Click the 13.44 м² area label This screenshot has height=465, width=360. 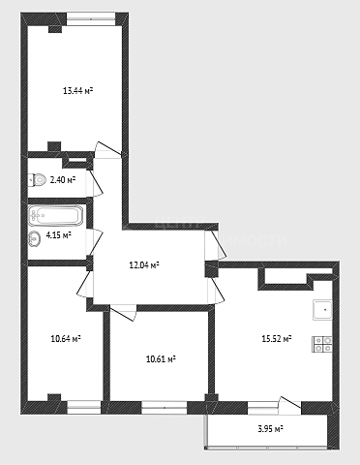coord(77,91)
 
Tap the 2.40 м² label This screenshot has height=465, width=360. coord(63,179)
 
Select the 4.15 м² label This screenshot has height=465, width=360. coord(58,234)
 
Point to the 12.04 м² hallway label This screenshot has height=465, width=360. coord(144,265)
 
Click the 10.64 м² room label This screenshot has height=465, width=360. coord(66,339)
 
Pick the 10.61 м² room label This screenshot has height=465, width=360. coord(161,358)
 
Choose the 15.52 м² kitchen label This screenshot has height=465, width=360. coord(277,339)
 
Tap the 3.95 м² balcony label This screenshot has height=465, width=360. coord(270,429)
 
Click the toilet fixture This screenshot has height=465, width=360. coord(37,179)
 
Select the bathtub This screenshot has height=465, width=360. coord(55,215)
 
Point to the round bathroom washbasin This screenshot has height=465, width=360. coord(34,239)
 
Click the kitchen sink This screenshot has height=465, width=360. coord(322,310)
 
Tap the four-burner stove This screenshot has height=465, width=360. coord(322,344)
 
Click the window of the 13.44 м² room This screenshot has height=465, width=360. coord(91,19)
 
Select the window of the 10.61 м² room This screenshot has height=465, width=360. coord(165,408)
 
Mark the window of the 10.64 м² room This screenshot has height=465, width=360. coord(84,408)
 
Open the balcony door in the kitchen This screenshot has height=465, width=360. coord(289,406)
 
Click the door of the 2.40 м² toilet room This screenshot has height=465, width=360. coord(96,182)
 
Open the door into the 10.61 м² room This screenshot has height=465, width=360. coord(123,313)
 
